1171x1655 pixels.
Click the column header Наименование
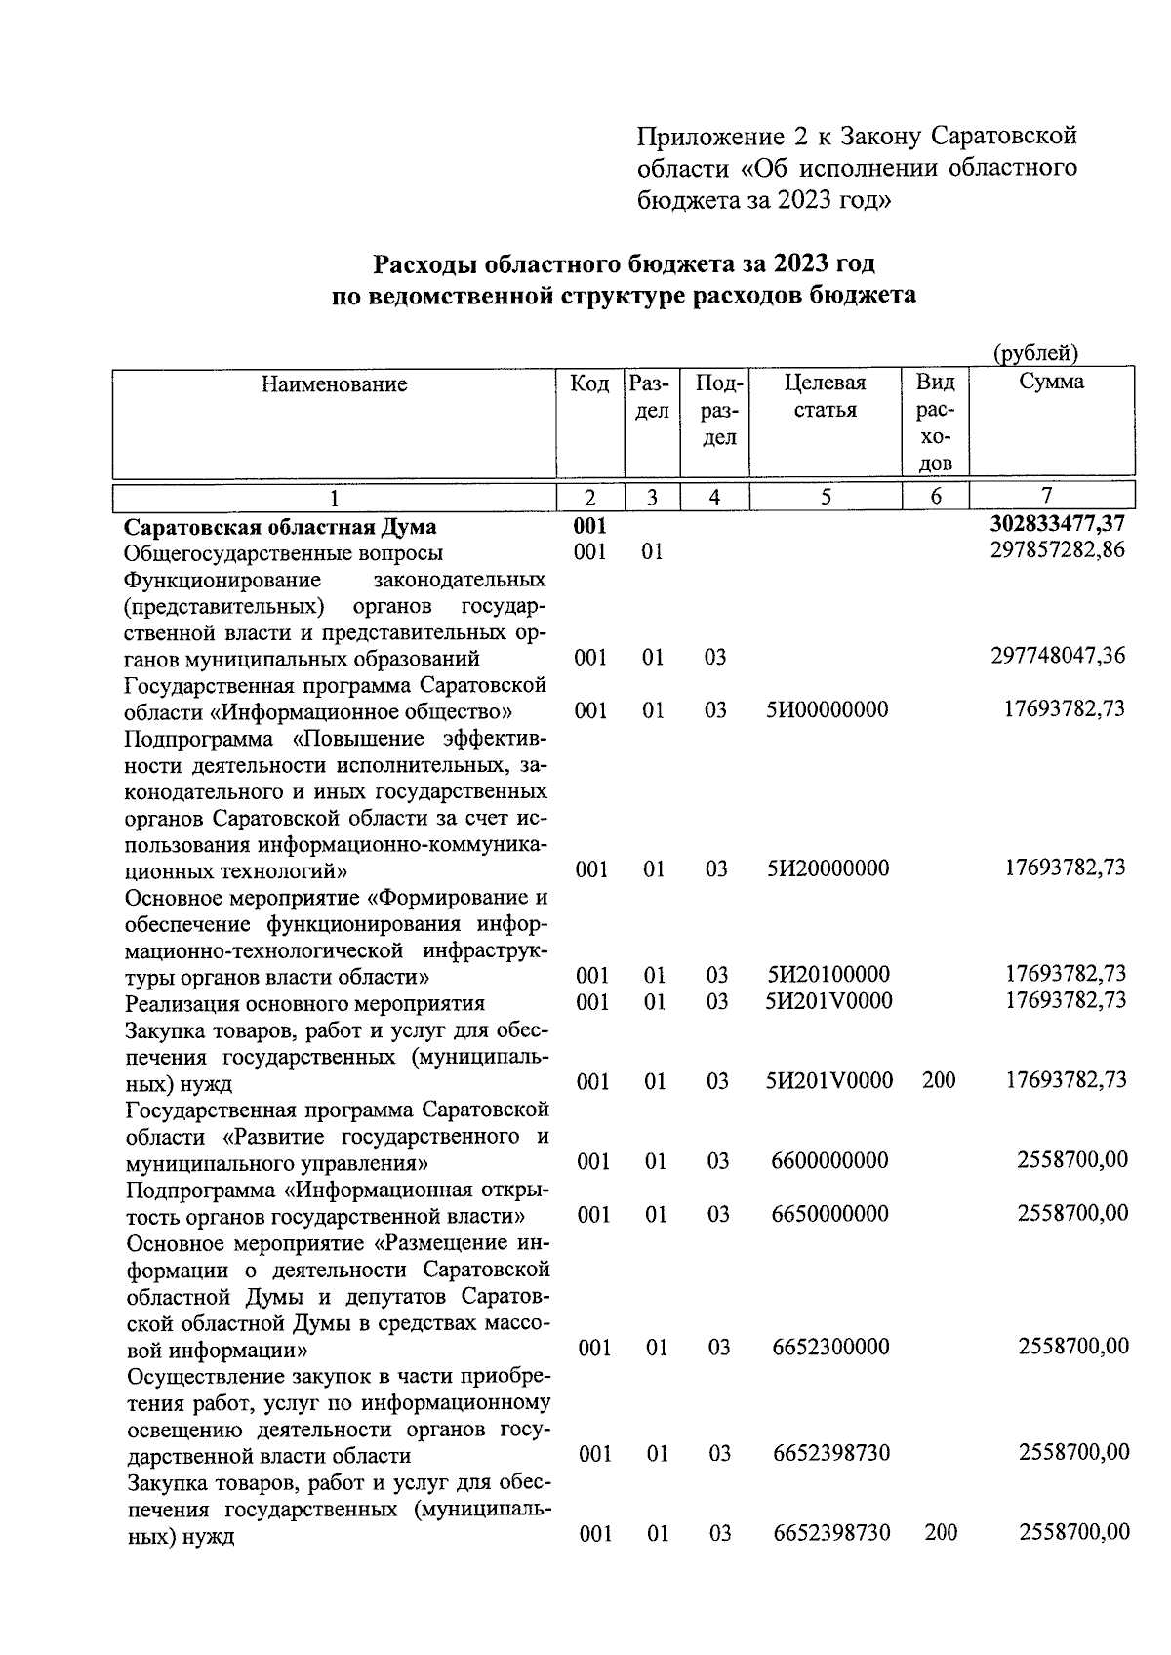click(334, 384)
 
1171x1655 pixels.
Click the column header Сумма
click(1051, 382)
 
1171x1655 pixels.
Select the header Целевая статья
click(825, 395)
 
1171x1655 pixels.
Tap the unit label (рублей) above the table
click(1034, 353)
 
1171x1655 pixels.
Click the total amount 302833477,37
click(1057, 526)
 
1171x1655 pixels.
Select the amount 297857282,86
click(1057, 549)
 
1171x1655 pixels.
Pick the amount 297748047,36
click(1057, 656)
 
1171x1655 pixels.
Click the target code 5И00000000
click(828, 709)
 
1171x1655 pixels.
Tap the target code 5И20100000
click(828, 975)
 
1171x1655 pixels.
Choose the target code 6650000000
click(829, 1214)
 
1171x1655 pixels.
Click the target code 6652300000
click(830, 1348)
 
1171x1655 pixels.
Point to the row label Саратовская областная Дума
click(280, 527)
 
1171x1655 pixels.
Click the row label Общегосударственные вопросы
click(284, 553)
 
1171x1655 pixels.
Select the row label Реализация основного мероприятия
click(305, 1003)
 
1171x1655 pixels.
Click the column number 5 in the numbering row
click(826, 496)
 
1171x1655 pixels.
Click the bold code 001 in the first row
click(589, 526)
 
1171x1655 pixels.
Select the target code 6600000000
click(829, 1161)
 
